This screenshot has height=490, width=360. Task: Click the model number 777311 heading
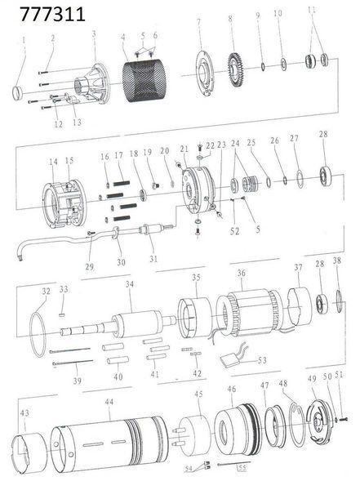point(52,14)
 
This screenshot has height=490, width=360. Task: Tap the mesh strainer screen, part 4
point(144,81)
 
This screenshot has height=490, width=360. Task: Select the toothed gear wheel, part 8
point(238,70)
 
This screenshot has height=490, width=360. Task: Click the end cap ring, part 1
point(18,93)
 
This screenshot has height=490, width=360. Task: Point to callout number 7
point(198,22)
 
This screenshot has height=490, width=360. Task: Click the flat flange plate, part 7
point(206,74)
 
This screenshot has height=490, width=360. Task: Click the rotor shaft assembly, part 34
point(118,325)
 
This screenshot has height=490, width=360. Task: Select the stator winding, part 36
point(250,313)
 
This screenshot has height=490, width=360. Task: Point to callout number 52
point(234,231)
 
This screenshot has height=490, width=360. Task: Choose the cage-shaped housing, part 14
point(64,203)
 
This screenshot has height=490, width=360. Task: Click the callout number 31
point(153,259)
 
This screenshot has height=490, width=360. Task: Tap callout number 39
point(78,381)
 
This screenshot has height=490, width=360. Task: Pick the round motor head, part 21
point(198,190)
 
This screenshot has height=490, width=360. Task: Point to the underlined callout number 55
point(242,468)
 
